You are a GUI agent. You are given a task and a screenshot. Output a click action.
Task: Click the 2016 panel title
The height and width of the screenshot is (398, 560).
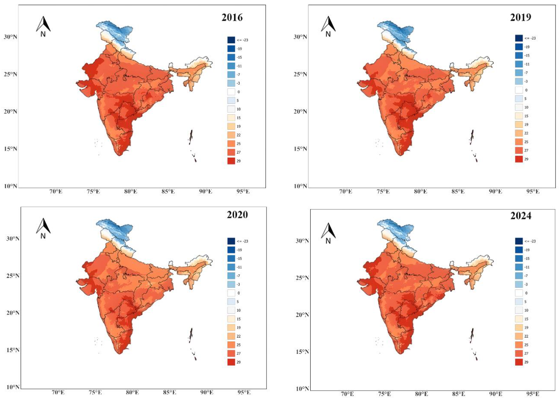coord(232,18)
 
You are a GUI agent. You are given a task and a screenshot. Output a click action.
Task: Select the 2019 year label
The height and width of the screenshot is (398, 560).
coord(521,17)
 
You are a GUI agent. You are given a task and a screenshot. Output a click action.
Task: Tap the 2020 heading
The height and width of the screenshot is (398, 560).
coord(237,215)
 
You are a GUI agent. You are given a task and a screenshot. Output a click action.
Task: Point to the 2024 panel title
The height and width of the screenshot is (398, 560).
coord(521,215)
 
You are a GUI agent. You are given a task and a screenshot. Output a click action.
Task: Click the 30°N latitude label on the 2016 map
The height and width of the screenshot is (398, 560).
coord(10,37)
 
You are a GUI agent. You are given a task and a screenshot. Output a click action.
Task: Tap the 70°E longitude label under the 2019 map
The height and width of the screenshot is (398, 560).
coord(346,192)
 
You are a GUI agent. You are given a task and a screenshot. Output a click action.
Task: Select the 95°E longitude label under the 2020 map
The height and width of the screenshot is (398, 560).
coord(244,392)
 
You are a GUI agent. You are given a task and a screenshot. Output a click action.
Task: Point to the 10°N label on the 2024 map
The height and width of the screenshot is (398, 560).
coord(302,389)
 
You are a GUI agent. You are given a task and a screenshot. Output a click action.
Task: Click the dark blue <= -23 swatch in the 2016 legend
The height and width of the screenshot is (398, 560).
coord(231,40)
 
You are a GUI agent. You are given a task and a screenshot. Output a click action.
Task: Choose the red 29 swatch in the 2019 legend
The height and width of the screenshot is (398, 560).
coord(519,159)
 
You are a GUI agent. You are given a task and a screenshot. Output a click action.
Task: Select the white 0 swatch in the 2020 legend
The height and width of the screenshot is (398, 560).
coord(231,293)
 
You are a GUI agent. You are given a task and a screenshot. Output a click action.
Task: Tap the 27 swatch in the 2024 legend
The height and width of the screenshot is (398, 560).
coord(519,353)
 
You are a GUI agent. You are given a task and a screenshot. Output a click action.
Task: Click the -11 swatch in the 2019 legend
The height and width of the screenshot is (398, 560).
coord(519,64)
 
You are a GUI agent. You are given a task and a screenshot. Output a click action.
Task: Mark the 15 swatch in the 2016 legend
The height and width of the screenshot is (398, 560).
coord(231,118)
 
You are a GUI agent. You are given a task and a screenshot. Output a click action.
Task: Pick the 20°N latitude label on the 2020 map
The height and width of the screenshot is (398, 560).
coord(13,313)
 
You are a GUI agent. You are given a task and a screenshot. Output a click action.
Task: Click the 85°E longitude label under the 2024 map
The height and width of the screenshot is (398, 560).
coord(458,394)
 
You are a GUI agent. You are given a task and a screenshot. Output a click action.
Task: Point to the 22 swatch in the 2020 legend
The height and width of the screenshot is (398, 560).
coord(231,336)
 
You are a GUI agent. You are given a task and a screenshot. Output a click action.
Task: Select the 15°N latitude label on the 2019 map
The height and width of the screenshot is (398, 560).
coord(300,149)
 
